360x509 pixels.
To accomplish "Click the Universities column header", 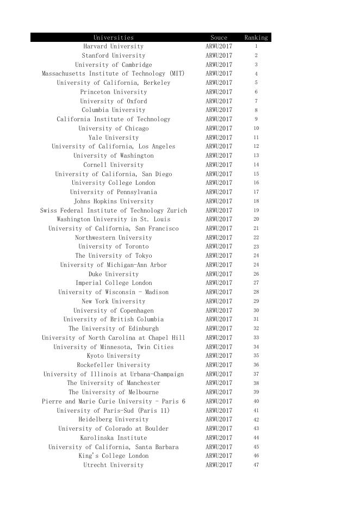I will click(113, 38).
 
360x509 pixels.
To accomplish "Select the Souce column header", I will click(219, 38).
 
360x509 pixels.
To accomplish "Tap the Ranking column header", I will click(256, 38).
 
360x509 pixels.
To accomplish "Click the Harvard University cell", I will click(113, 46).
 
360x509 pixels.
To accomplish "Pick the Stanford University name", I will click(113, 55).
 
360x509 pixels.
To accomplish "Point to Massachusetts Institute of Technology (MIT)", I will click(113, 73).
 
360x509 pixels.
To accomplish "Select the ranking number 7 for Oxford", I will click(256, 101).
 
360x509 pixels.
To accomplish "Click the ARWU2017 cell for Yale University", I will click(219, 138).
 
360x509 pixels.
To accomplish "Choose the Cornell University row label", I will click(113, 165).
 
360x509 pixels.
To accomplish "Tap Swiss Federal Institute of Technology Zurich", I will click(113, 210).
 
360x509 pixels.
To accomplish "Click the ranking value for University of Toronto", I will click(256, 247).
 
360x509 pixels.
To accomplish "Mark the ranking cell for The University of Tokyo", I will click(256, 256).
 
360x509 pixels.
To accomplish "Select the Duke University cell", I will click(113, 274).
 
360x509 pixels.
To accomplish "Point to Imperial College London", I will click(113, 283).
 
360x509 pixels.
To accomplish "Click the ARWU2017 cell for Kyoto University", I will click(219, 356).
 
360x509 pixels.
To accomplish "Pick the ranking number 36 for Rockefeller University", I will click(256, 365).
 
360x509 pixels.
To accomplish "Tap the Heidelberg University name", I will click(113, 419).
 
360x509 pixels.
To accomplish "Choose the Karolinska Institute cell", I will click(113, 438).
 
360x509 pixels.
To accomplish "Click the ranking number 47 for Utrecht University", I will click(256, 465).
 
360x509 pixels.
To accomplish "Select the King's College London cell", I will click(113, 456).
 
